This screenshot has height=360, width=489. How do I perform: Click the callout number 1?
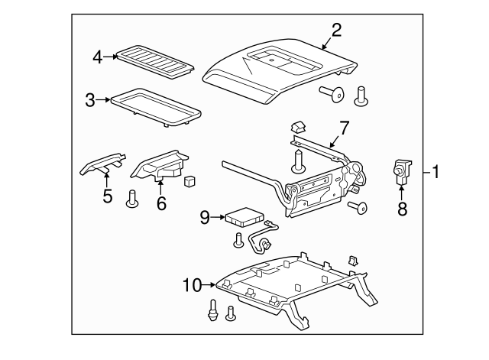[435, 172]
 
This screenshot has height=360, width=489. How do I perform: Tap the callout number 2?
[336, 31]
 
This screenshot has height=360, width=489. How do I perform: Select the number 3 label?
[90, 99]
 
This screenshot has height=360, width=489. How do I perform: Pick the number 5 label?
[108, 196]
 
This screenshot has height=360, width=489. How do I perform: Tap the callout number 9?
[205, 218]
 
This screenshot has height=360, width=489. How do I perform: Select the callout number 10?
[191, 285]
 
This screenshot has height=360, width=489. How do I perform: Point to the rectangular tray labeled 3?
[157, 103]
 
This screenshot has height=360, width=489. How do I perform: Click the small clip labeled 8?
[400, 173]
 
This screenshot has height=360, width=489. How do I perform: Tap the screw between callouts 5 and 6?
[131, 199]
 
